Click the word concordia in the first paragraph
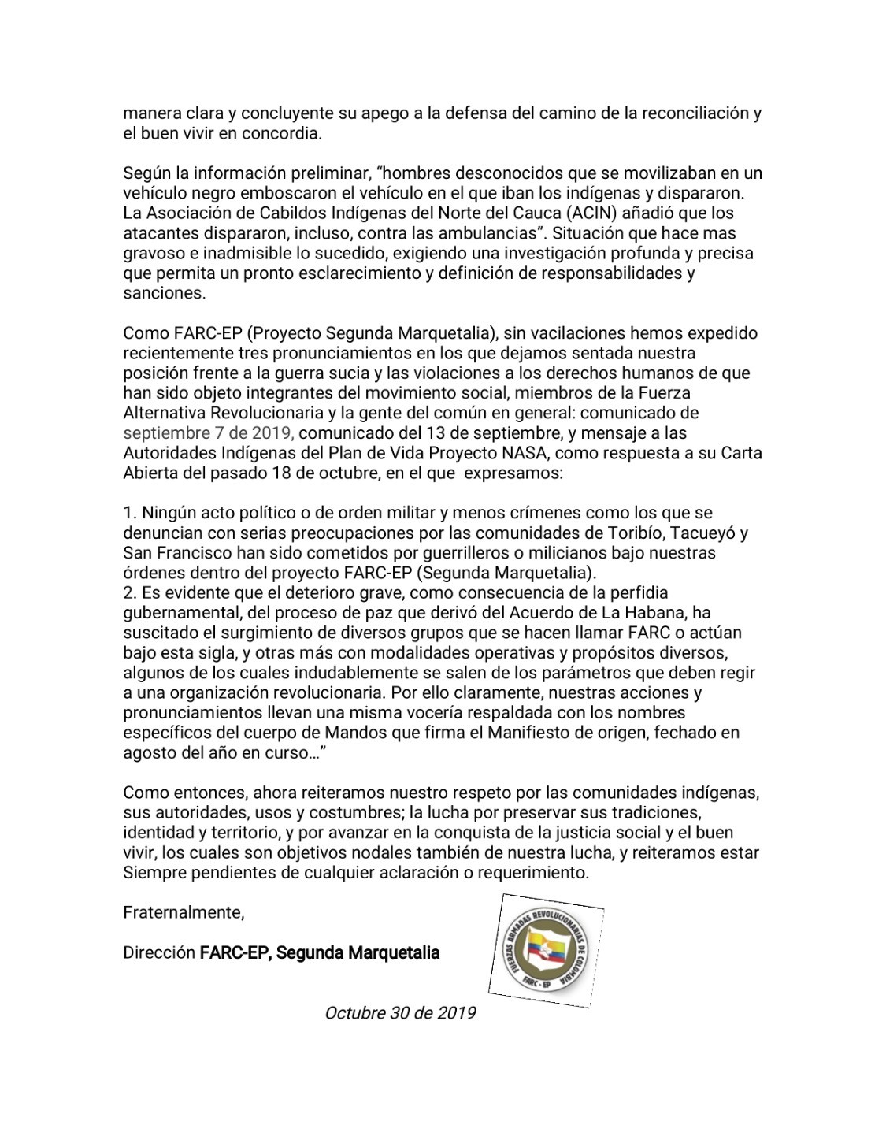(x=284, y=133)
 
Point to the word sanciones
(x=164, y=293)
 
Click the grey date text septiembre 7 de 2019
(x=209, y=432)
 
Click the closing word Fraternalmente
(x=184, y=912)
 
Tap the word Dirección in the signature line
(x=159, y=952)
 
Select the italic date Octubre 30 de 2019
(x=400, y=1012)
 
